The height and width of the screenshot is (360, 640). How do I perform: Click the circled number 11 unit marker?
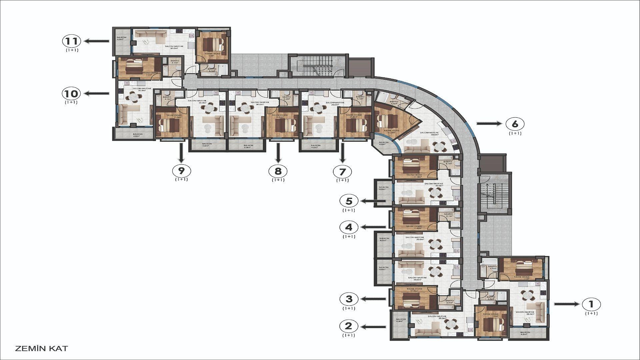pos(72,41)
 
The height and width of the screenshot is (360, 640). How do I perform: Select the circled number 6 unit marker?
pos(515,124)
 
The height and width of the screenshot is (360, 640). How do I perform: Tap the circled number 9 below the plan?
pos(181,171)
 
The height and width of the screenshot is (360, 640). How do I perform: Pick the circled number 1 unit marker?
pos(591,304)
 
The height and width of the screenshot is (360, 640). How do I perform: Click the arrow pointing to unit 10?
pos(97,94)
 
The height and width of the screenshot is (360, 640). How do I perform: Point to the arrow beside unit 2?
pos(374,327)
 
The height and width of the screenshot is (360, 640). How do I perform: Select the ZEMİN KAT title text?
pos(42,349)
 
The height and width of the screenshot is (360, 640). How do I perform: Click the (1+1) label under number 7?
pos(342,180)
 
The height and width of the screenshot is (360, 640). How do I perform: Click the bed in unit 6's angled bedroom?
pos(387,121)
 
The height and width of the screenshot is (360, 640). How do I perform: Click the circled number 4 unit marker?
pos(349,227)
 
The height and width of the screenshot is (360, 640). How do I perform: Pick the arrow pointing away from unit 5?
pos(374,201)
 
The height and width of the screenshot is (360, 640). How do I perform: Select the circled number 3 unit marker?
pos(349,299)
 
